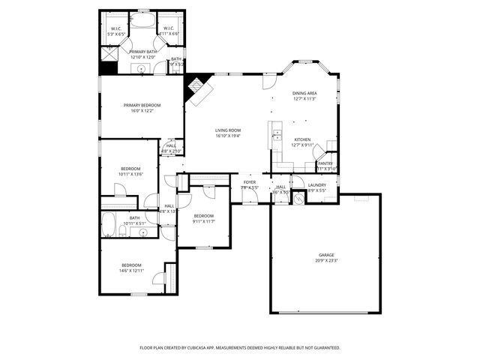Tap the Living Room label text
pos(228,130)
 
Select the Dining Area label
pos(304,93)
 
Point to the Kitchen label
pos(302,140)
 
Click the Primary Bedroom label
pos(142,105)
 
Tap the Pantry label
pos(325,163)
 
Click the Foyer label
pos(249,182)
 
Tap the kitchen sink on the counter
pos(277,136)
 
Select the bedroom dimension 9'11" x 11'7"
pos(204,221)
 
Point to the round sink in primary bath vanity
pos(141,69)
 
